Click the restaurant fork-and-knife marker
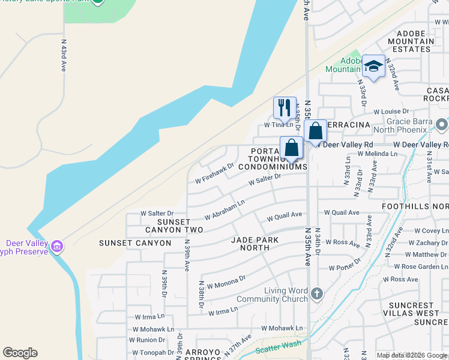pyautogui.click(x=284, y=108)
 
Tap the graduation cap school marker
pyautogui.click(x=373, y=66)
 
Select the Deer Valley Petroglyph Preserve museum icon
pyautogui.click(x=57, y=247)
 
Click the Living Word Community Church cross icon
pyautogui.click(x=318, y=294)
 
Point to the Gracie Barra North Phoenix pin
pyautogui.click(x=442, y=125)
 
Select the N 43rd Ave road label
pyautogui.click(x=63, y=56)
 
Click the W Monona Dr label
pyautogui.click(x=226, y=282)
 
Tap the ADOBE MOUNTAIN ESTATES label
pyautogui.click(x=414, y=41)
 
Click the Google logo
pyautogui.click(x=20, y=353)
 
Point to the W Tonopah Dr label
pyautogui.click(x=155, y=352)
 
